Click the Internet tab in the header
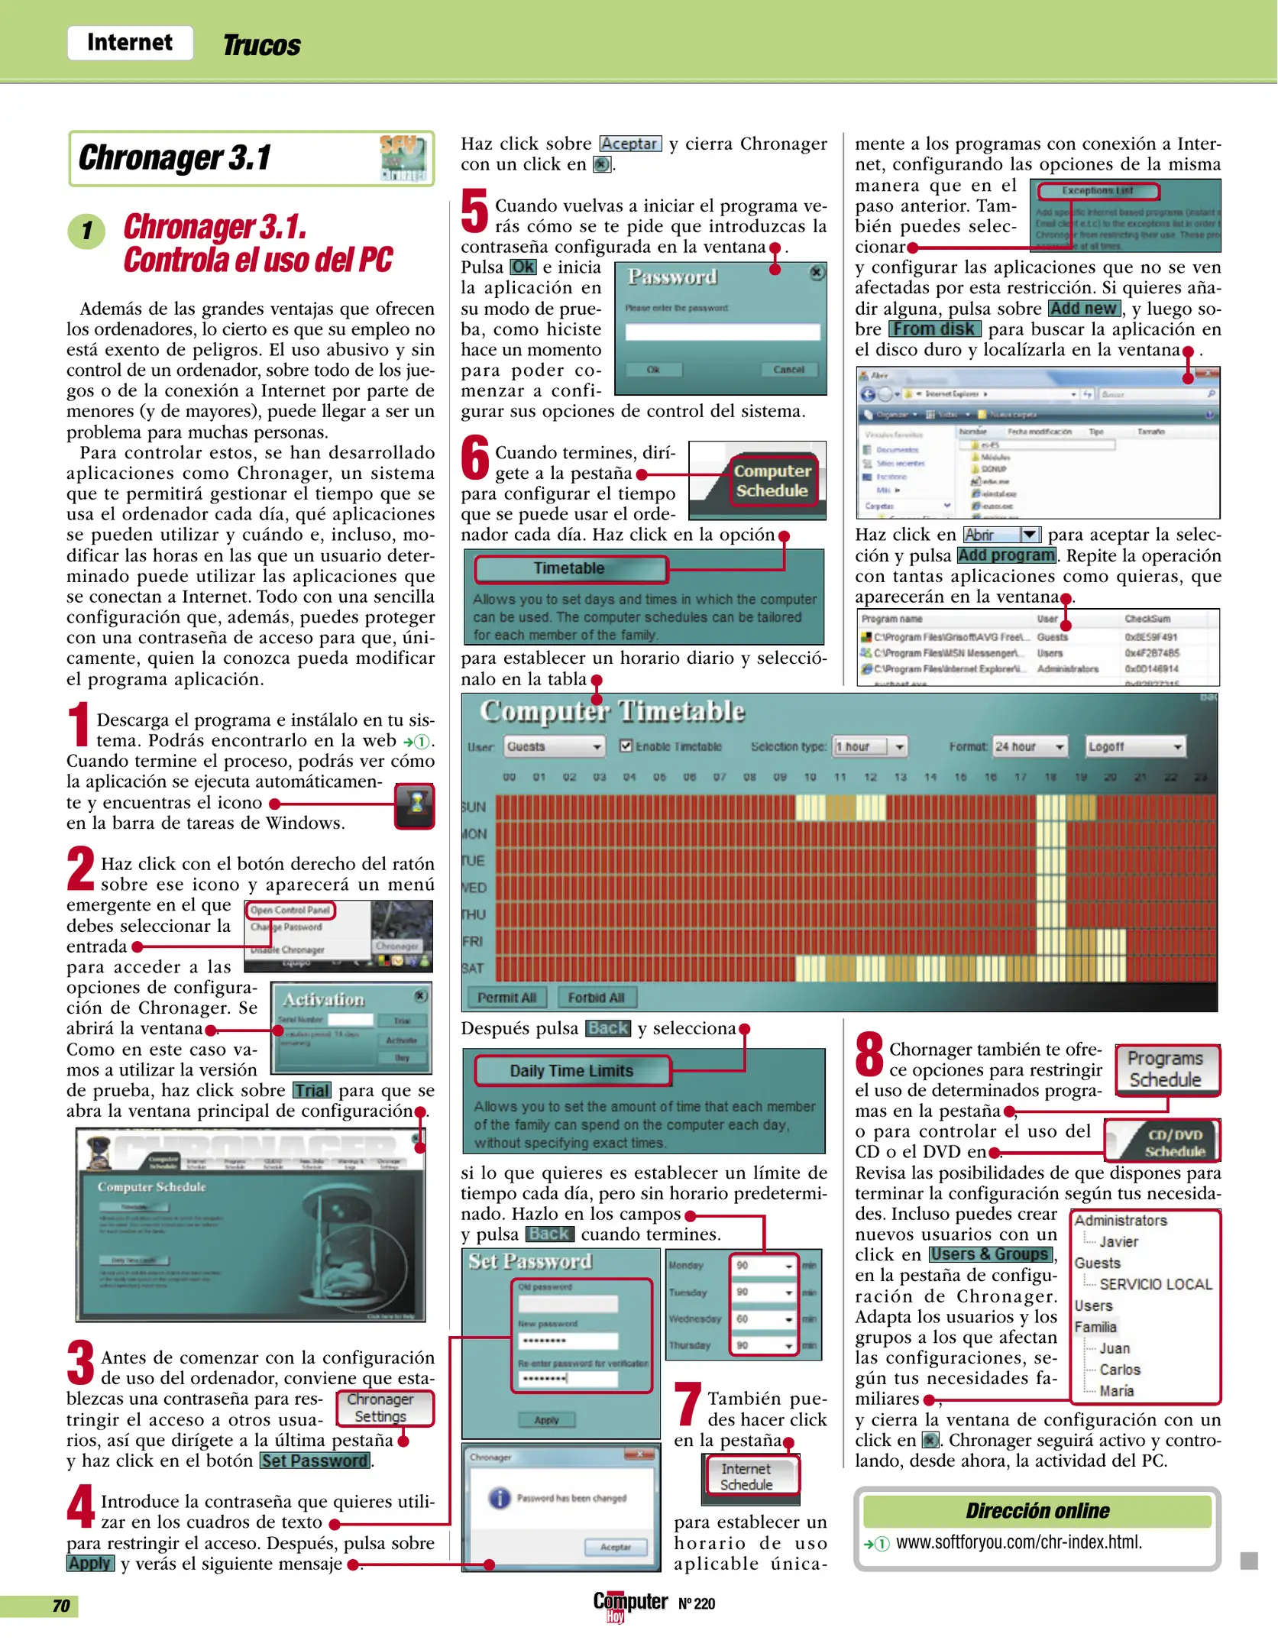click(x=130, y=43)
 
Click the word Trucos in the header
click(x=261, y=46)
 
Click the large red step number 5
click(x=474, y=212)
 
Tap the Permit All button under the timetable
click(x=506, y=998)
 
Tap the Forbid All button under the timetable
click(x=596, y=998)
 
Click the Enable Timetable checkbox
click(x=626, y=746)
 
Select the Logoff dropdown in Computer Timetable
click(x=1135, y=746)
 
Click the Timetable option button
click(x=570, y=568)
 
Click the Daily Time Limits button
click(x=571, y=1071)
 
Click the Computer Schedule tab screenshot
click(x=772, y=480)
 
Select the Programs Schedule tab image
click(x=1166, y=1069)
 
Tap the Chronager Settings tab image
click(x=380, y=1408)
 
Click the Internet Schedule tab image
click(x=747, y=1476)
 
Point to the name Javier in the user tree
click(x=1118, y=1242)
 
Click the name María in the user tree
click(x=1117, y=1391)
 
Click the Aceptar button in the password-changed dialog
click(x=616, y=1547)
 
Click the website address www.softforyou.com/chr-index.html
click(x=1019, y=1542)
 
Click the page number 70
click(x=61, y=1606)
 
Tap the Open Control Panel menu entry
click(x=290, y=910)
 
